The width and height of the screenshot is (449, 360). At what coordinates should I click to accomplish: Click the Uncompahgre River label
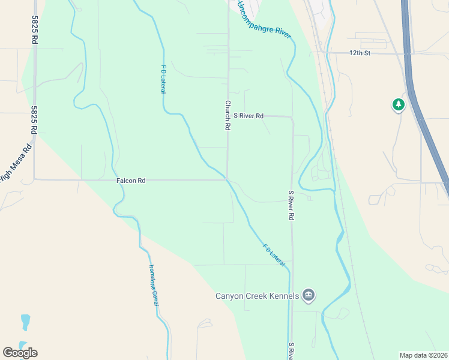(x=264, y=20)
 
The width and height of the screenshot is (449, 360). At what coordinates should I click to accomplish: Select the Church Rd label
(x=228, y=115)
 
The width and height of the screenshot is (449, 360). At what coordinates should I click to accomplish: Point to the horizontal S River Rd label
(x=249, y=115)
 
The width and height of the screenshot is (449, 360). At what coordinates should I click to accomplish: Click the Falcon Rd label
(x=131, y=180)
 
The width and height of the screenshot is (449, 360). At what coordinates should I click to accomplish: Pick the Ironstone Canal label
(x=154, y=285)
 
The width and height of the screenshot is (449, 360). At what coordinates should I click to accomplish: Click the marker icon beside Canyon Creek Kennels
(x=309, y=295)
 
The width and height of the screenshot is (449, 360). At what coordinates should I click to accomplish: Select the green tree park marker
(x=398, y=106)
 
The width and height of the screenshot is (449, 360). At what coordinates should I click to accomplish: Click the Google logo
(x=20, y=352)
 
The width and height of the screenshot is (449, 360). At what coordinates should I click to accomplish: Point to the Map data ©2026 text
(x=423, y=355)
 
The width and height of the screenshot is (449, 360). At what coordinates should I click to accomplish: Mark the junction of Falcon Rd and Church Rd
(x=227, y=179)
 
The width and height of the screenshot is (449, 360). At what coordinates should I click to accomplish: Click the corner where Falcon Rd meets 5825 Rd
(x=34, y=179)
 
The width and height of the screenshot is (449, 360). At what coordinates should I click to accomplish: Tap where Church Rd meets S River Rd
(x=228, y=116)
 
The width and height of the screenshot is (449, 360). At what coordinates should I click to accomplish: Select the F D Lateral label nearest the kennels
(x=273, y=254)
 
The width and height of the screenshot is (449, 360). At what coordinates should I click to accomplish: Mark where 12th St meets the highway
(x=409, y=53)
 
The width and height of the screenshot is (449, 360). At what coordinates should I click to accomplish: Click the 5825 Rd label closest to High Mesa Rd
(x=34, y=120)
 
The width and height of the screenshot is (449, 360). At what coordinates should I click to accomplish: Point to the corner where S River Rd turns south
(x=292, y=119)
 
